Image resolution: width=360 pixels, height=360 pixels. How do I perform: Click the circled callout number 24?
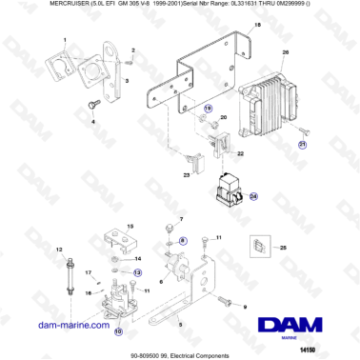[253, 196]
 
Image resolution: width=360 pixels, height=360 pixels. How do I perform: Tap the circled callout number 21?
[303, 145]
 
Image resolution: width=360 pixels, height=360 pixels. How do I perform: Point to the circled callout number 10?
[119, 332]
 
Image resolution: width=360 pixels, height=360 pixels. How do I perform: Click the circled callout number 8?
[183, 240]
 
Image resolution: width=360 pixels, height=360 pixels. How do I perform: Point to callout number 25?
[281, 247]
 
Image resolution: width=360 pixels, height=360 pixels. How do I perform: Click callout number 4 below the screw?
[93, 123]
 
